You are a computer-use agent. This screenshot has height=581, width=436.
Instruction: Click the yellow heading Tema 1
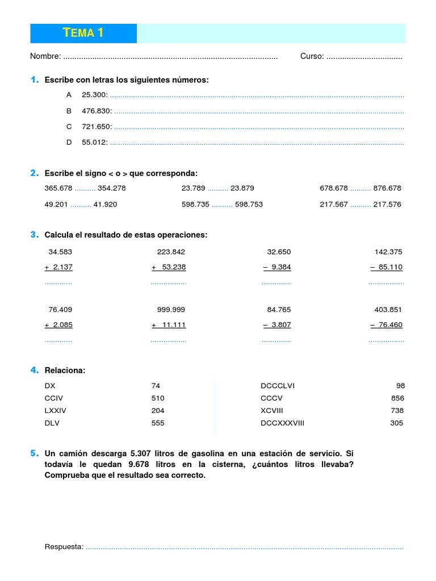click(83, 33)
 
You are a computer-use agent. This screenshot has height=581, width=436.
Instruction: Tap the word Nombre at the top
click(45, 56)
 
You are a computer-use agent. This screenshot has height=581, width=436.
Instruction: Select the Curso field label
click(312, 56)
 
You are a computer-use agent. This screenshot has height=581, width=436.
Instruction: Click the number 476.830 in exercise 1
click(97, 111)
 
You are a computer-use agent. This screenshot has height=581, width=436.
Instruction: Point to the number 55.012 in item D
click(94, 142)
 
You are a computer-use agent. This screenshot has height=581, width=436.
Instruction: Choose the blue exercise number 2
click(35, 173)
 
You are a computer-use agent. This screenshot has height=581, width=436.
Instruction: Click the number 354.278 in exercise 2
click(112, 188)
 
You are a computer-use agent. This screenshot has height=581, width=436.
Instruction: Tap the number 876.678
click(387, 188)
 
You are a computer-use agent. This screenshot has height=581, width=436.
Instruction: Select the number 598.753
click(249, 204)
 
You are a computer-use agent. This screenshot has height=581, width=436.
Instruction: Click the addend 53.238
click(174, 267)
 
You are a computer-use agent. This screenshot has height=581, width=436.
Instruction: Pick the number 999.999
click(171, 310)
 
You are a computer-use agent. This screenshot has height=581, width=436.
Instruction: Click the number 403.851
click(388, 310)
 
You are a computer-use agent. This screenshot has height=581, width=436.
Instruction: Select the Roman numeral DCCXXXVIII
click(282, 423)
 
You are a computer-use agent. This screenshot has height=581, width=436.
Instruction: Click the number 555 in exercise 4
click(158, 423)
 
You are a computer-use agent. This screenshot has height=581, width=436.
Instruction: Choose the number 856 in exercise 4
click(397, 398)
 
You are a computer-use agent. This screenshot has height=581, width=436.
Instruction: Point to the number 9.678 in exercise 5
click(148, 465)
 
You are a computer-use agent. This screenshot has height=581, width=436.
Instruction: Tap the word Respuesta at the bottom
click(64, 547)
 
